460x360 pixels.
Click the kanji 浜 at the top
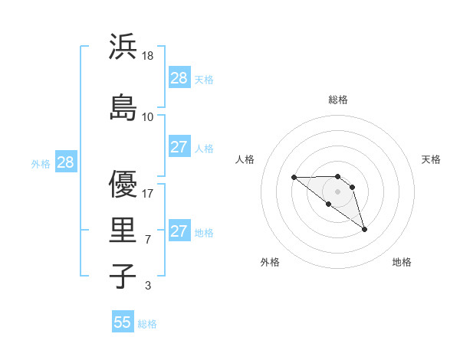123,47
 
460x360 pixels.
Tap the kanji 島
123,106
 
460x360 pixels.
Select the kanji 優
123,185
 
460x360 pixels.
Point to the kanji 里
123,229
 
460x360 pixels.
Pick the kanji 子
123,276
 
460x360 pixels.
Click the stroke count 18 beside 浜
149,56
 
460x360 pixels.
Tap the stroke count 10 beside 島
148,116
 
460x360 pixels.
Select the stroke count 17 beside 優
148,194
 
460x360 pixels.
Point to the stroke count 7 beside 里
148,240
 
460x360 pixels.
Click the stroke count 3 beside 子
148,286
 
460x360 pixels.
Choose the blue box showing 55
123,322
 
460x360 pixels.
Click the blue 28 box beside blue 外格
64,162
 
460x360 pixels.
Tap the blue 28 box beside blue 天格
179,78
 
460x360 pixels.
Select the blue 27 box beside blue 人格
179,147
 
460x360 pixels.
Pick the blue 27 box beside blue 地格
179,231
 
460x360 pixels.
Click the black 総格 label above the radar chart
338,100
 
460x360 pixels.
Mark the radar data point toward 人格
294,177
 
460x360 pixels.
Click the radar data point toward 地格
365,229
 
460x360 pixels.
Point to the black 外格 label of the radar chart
270,262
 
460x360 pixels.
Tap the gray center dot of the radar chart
338,191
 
